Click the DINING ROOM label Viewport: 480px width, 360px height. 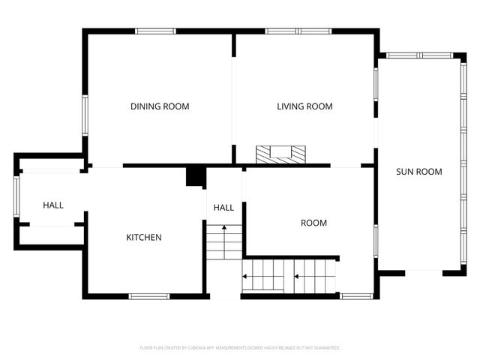click(160, 106)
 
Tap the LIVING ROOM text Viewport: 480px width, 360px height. click(304, 106)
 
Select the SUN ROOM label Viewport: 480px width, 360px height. click(418, 172)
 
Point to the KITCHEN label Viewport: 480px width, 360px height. click(143, 238)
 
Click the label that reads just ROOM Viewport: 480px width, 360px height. click(313, 223)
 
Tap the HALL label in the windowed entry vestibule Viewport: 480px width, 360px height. click(53, 205)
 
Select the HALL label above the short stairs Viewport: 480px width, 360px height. click(223, 208)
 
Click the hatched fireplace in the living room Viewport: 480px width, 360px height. click(280, 154)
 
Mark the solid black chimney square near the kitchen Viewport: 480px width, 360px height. click(195, 176)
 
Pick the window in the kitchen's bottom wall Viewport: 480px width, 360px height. click(148, 295)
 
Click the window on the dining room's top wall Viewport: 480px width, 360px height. click(155, 31)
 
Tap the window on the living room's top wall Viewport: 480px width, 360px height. click(298, 31)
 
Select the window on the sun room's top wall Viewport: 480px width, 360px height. click(420, 55)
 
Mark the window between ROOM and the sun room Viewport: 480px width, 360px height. click(375, 240)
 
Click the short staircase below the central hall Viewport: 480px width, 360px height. click(223, 242)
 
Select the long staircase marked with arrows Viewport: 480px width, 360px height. click(290, 275)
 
